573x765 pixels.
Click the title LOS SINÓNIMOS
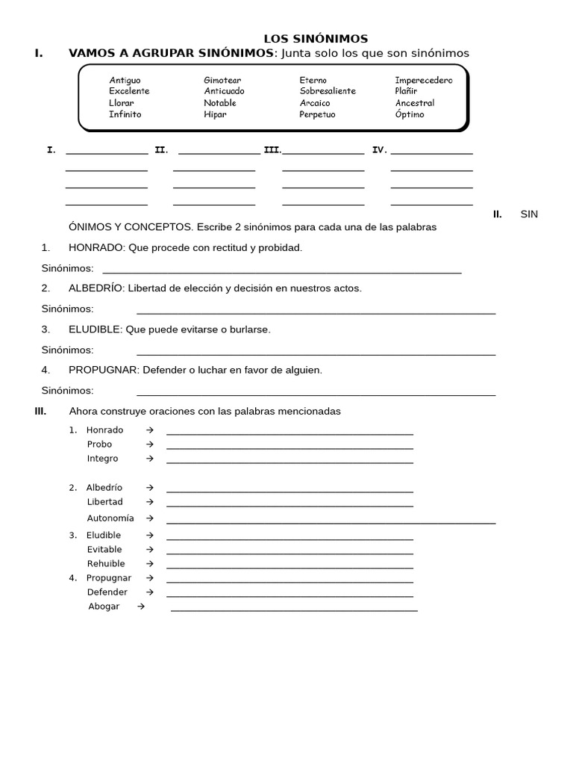316,39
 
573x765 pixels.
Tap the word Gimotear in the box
222,80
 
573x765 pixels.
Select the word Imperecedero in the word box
424,80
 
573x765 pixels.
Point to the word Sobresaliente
328,91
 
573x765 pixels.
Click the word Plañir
406,91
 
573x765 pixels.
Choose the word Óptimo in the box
410,114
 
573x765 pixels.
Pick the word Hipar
215,114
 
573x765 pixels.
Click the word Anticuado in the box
224,91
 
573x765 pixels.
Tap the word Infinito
125,114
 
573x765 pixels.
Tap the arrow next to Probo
150,445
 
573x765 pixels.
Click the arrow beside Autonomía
150,518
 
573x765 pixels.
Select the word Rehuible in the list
106,563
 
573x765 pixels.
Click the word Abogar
104,607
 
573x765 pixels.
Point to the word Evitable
104,549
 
